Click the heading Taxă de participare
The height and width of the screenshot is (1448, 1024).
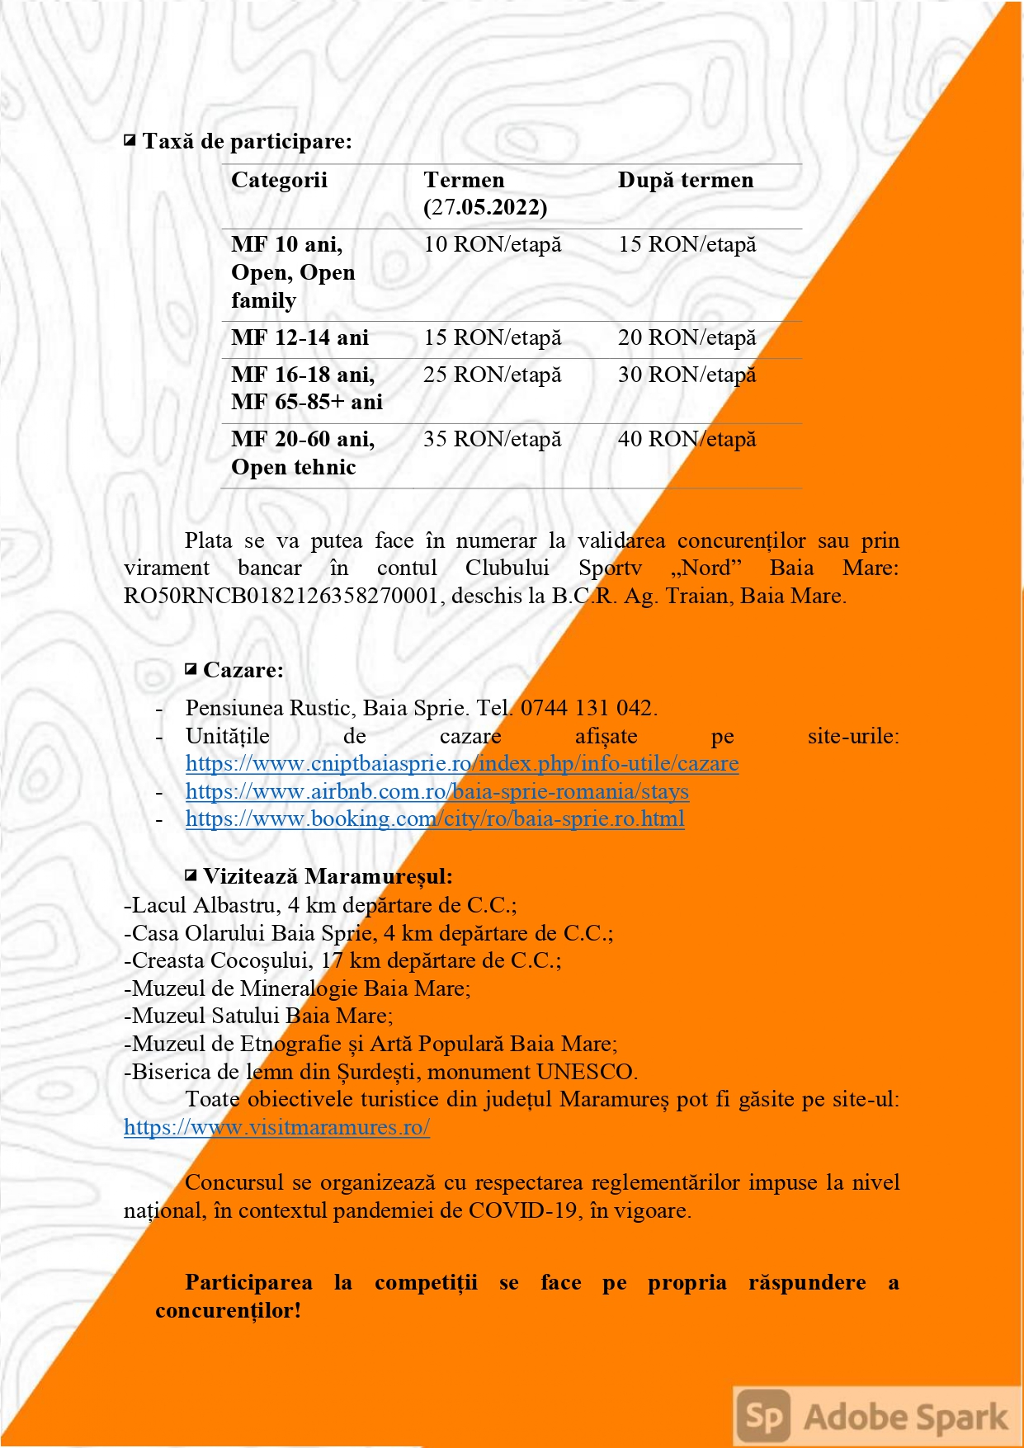[x=247, y=141]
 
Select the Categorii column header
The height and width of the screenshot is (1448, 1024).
[x=279, y=180]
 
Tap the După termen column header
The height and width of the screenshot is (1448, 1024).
[x=685, y=180]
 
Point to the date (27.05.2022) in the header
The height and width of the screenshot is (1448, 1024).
[x=485, y=207]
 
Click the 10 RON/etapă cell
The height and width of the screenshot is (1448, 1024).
[x=492, y=244]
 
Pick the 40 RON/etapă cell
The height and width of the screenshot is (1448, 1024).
[x=687, y=439]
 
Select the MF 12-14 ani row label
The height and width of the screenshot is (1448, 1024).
[x=300, y=337]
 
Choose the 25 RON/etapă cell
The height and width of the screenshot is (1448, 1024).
[x=492, y=375]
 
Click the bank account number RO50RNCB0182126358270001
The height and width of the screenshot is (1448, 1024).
[x=281, y=596]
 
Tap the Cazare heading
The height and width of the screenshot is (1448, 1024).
[x=243, y=670]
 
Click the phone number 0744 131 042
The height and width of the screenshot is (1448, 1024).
[x=587, y=708]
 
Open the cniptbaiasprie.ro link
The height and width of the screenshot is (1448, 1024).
[x=461, y=763]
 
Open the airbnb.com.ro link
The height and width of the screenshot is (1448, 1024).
[x=436, y=791]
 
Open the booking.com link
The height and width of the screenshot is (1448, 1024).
[x=434, y=818]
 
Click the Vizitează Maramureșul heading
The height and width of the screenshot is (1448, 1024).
[x=328, y=876]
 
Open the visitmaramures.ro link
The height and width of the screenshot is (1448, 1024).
[x=276, y=1127]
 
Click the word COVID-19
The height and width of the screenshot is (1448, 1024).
[x=522, y=1210]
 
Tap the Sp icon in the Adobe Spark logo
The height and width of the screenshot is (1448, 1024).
[x=764, y=1416]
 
